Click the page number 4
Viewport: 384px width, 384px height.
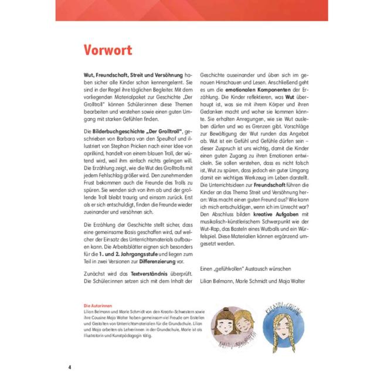[x=69, y=367]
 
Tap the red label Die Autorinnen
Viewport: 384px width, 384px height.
[x=97, y=305]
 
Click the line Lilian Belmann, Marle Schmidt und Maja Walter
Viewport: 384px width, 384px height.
[x=253, y=281]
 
